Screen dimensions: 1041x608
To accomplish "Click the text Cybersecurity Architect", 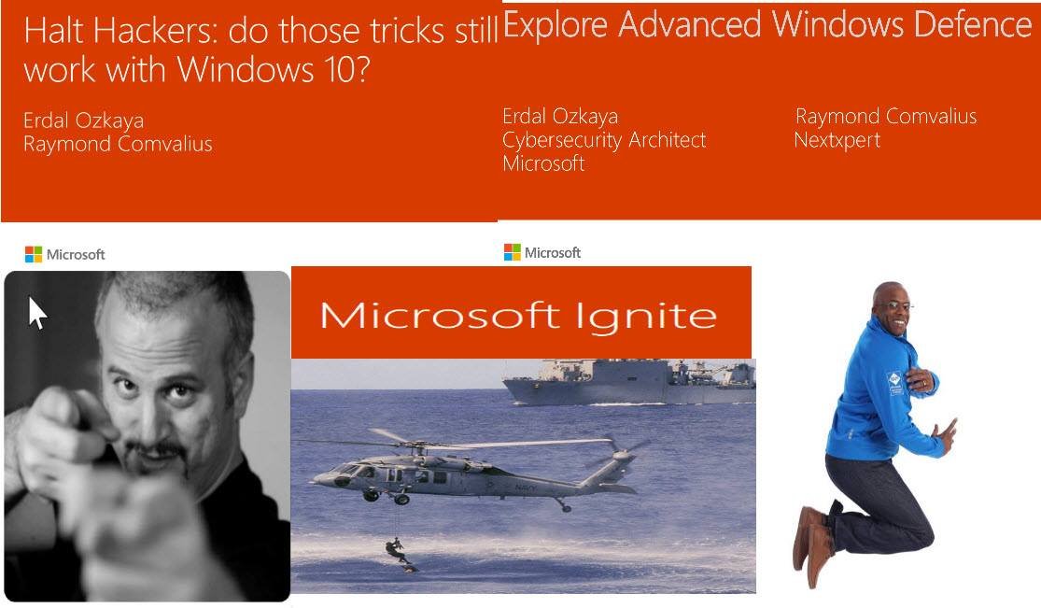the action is pyautogui.click(x=604, y=140).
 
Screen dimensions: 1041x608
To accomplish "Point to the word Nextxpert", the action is pyautogui.click(x=837, y=140).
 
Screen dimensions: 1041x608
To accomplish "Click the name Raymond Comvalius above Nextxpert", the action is pyautogui.click(x=886, y=117).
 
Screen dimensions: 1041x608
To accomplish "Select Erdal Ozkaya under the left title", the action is pyautogui.click(x=84, y=120).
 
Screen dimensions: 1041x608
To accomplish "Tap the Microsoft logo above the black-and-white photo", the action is pyautogui.click(x=65, y=254).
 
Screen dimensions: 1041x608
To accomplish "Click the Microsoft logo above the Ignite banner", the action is pyautogui.click(x=542, y=252).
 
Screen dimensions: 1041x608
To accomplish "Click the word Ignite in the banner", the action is pyautogui.click(x=645, y=316).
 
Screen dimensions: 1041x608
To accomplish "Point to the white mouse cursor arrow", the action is pyautogui.click(x=37, y=312).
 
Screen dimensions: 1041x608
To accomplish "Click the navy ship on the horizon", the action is pyautogui.click(x=628, y=381).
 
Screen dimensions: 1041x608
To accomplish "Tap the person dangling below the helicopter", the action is pyautogui.click(x=400, y=554).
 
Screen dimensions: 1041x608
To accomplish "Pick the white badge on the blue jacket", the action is pyautogui.click(x=894, y=383).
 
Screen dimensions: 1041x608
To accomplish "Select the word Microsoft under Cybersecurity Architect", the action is pyautogui.click(x=543, y=163).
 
